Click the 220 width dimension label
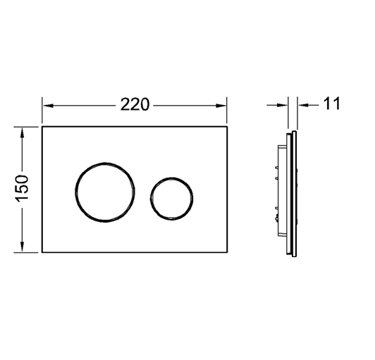135,104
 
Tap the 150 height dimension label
22,189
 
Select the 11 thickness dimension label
331,104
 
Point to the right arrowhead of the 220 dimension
221,106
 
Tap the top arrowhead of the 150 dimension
22,132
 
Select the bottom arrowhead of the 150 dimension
22,247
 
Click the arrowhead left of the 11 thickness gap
283,105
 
